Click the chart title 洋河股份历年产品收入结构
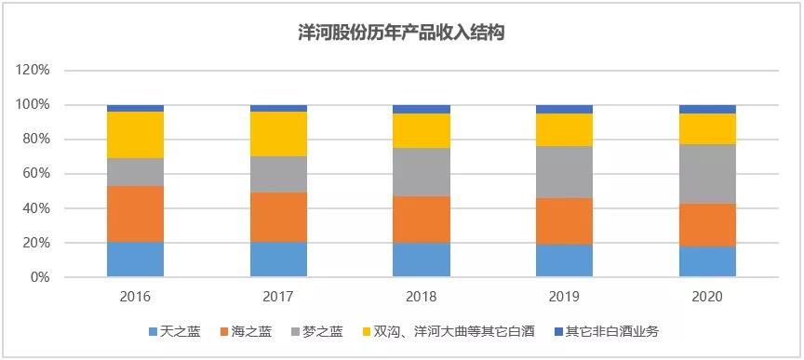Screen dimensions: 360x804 tap(401, 33)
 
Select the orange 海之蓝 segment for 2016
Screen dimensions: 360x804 tap(135, 214)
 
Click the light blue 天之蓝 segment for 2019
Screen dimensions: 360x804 tap(564, 260)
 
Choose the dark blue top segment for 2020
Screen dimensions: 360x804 tap(707, 109)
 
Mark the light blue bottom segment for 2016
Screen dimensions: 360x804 tap(135, 260)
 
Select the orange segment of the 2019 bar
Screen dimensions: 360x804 tap(564, 221)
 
